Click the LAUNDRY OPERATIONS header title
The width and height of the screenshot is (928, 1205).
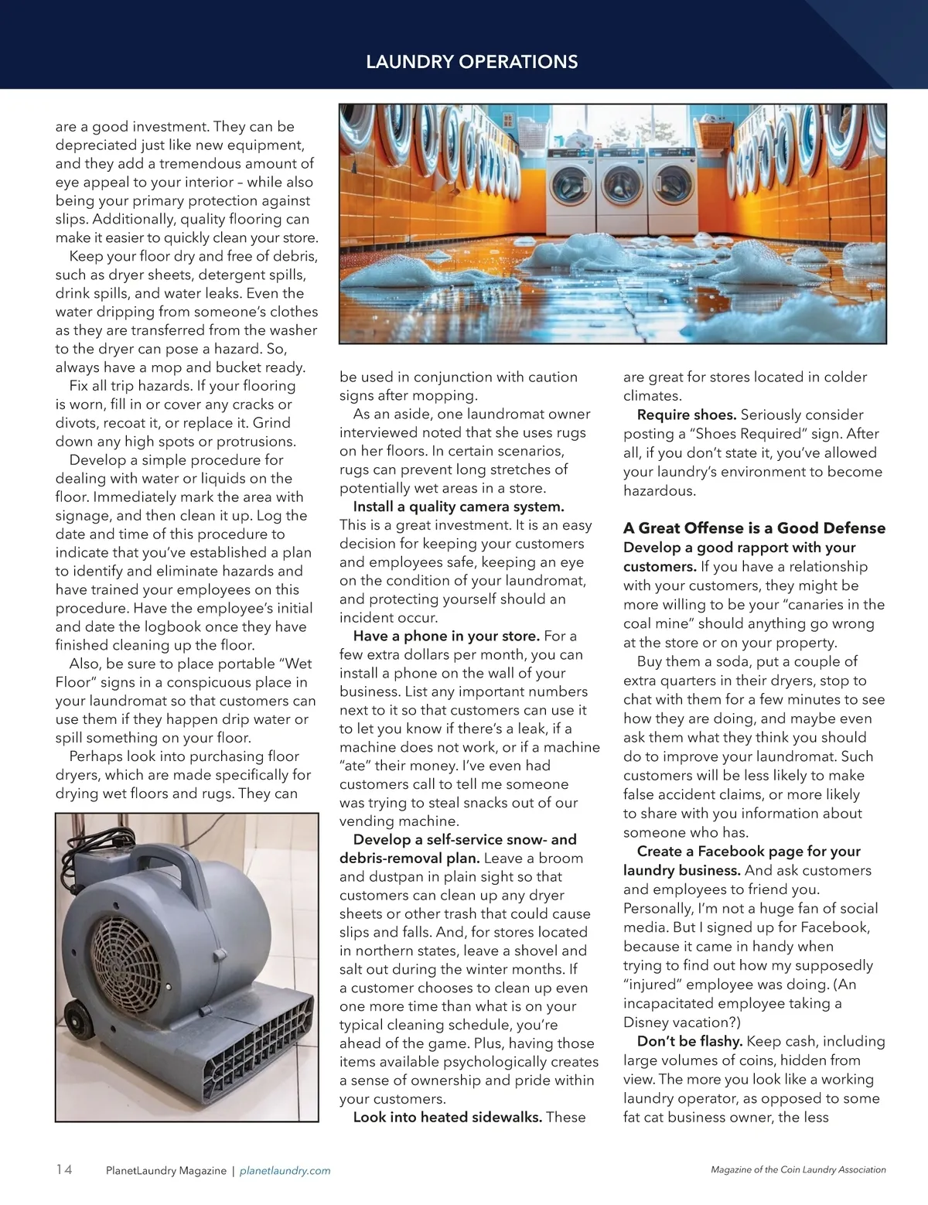(x=472, y=62)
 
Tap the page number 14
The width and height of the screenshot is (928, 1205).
(x=64, y=1169)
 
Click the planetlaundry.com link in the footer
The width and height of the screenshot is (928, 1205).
(x=285, y=1171)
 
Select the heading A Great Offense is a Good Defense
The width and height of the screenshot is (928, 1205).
(x=754, y=528)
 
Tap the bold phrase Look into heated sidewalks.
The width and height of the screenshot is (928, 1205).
(x=448, y=1117)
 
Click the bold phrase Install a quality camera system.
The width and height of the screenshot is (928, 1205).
(x=459, y=507)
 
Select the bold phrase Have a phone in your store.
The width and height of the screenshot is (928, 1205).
(x=446, y=636)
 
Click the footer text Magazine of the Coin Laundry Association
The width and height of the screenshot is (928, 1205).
(x=798, y=1170)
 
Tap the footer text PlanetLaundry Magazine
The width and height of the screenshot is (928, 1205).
(x=165, y=1171)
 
